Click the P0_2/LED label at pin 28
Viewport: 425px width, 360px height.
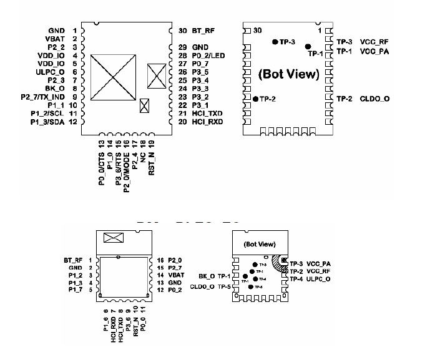click(x=210, y=56)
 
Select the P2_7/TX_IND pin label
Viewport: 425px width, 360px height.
click(x=42, y=97)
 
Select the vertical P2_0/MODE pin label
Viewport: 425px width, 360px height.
click(x=126, y=165)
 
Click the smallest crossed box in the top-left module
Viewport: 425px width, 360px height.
click(x=145, y=105)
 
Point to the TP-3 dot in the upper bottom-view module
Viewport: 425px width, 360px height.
click(x=275, y=42)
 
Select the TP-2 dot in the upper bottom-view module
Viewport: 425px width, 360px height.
click(x=256, y=99)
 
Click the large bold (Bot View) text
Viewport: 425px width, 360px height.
click(x=288, y=74)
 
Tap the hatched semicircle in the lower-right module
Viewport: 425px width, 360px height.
click(x=279, y=262)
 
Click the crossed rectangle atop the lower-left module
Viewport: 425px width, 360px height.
click(x=114, y=238)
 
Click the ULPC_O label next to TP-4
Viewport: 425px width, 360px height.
click(x=318, y=279)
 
